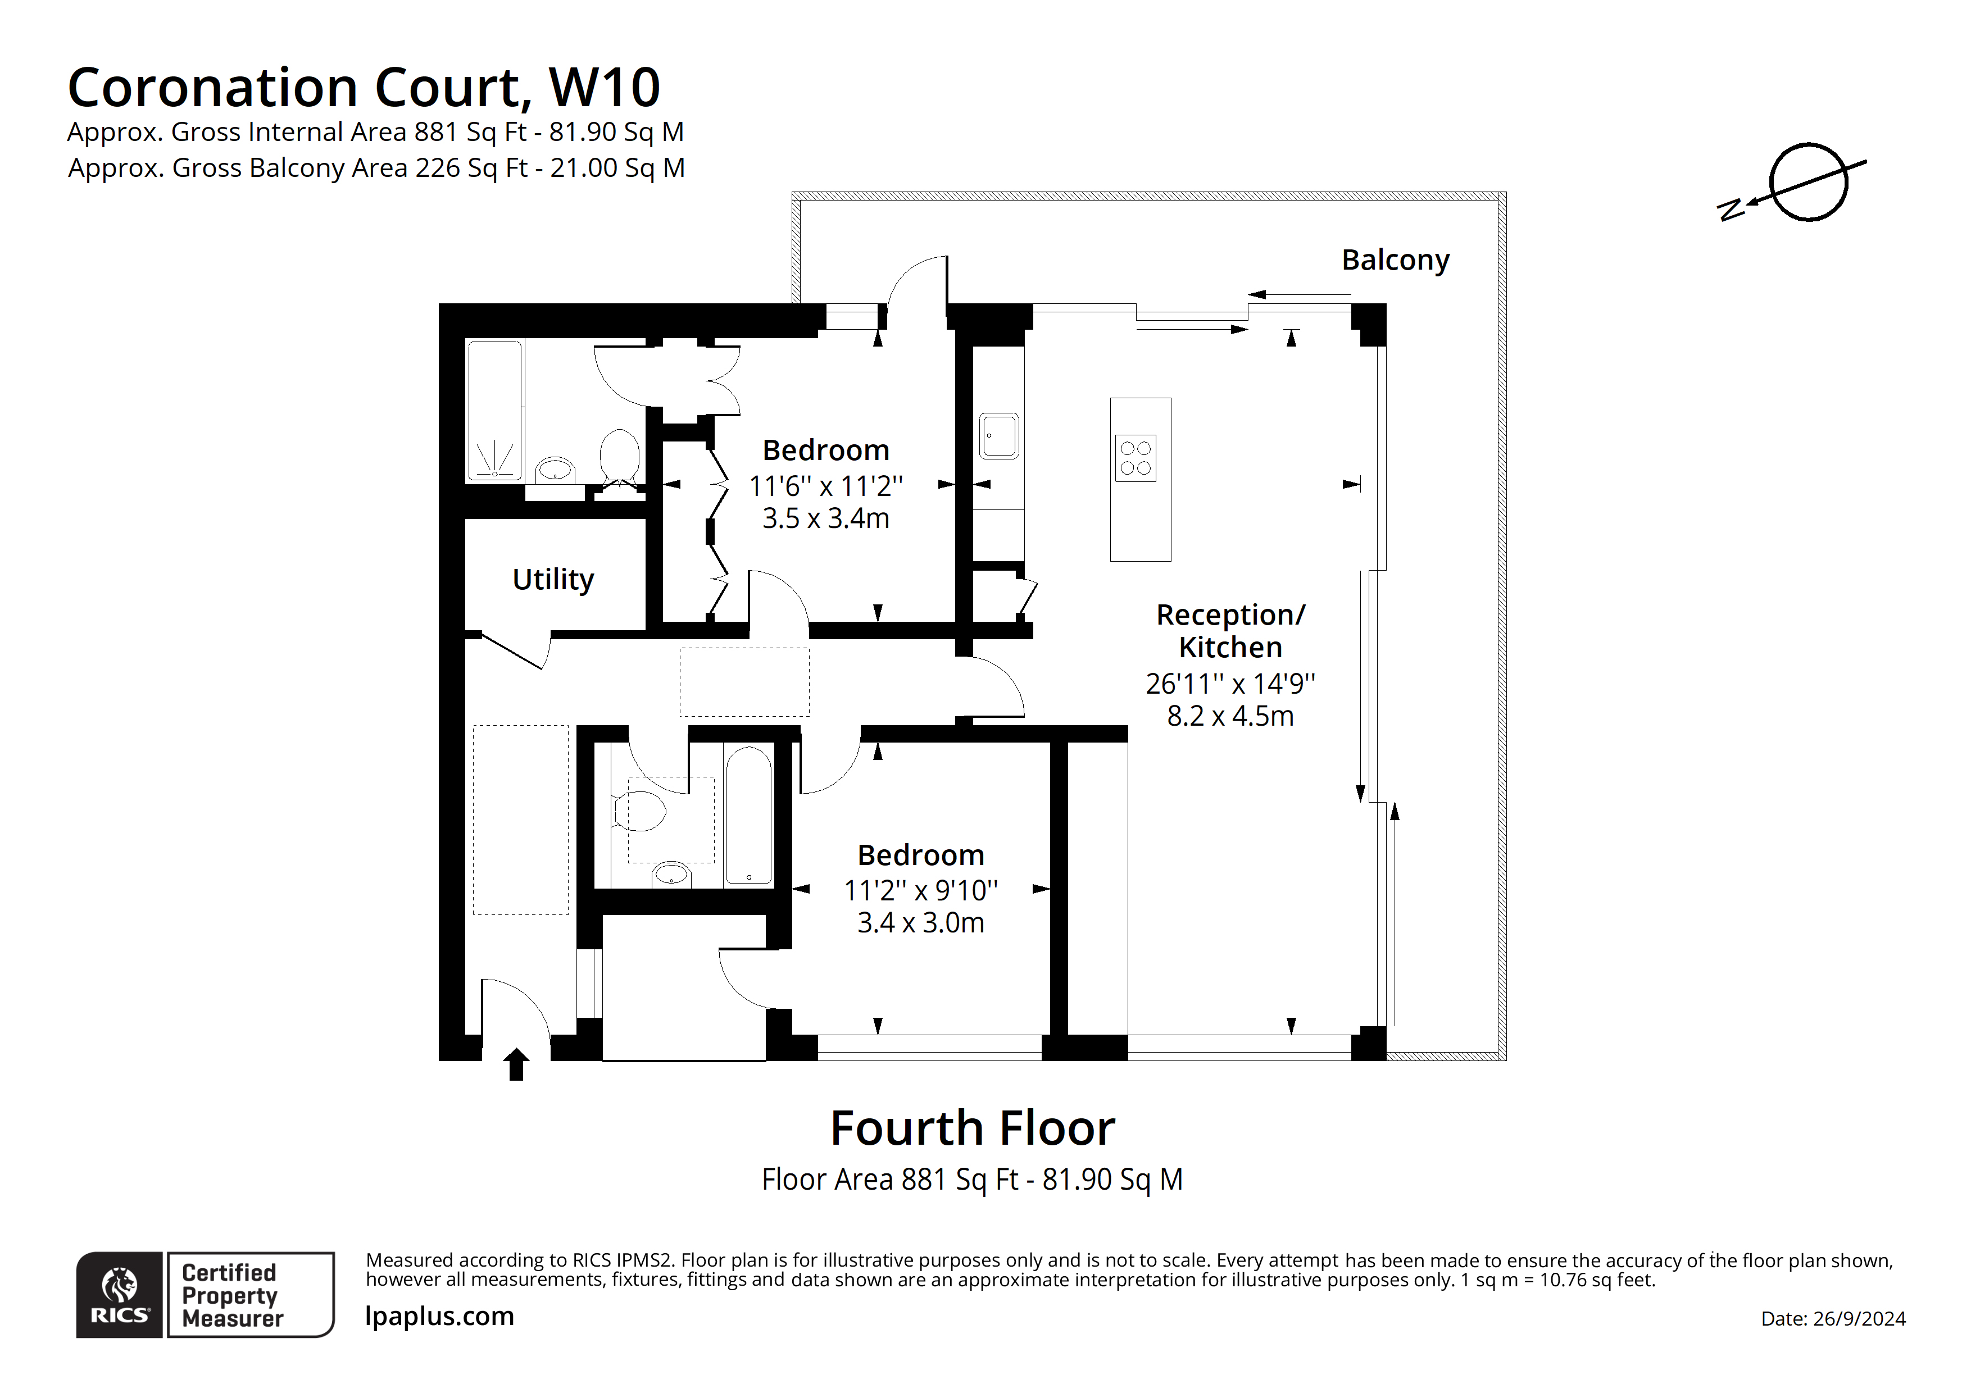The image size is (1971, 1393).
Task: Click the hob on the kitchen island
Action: pos(1135,458)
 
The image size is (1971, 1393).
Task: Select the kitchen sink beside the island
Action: pos(998,436)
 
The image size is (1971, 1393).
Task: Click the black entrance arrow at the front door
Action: pos(516,1064)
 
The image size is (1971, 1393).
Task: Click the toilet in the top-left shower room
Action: pos(619,456)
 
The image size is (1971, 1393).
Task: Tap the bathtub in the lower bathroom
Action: pos(748,816)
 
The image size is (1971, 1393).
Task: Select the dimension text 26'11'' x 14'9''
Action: pos(1229,684)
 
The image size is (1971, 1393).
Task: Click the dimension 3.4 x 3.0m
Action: pos(920,923)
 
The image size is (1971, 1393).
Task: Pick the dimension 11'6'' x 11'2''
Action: pos(825,486)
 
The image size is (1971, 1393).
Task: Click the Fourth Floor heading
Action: pos(972,1128)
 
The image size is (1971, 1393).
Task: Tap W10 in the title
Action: pos(605,88)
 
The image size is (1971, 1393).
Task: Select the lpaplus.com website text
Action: pos(439,1315)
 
